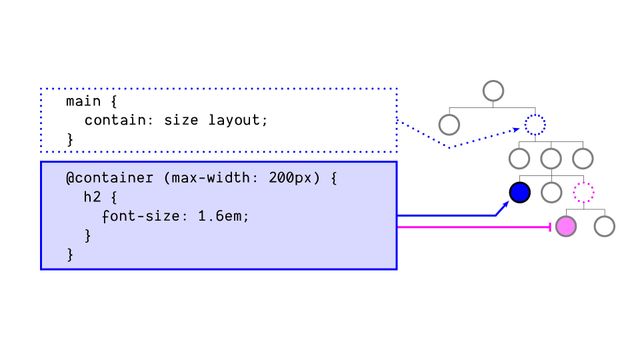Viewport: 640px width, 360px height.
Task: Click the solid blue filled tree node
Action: click(519, 192)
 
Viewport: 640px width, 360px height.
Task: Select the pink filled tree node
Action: click(566, 226)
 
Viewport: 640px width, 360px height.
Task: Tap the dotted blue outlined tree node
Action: click(535, 125)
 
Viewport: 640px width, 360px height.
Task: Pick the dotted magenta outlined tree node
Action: click(584, 192)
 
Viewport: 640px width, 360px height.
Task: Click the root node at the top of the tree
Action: click(492, 91)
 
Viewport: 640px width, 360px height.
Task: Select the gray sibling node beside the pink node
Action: click(604, 226)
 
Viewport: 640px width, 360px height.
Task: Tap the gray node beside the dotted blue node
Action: click(449, 125)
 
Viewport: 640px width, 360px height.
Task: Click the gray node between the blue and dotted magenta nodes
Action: click(551, 192)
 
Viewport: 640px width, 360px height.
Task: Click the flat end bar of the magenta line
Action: click(549, 227)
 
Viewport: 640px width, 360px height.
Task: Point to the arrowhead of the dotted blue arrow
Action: click(514, 129)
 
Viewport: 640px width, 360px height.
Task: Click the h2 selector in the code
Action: click(93, 197)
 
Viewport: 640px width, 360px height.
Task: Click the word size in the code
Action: click(183, 121)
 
